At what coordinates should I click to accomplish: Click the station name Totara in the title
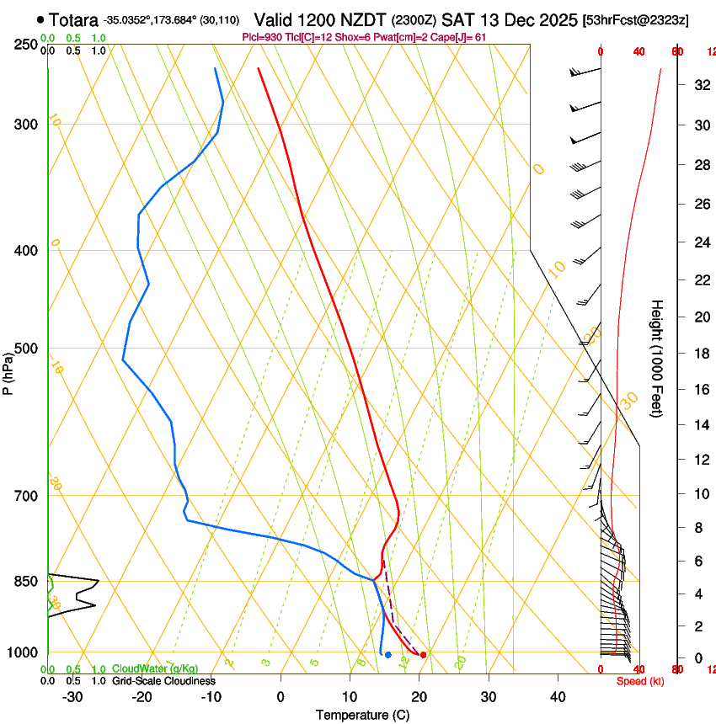pos(73,19)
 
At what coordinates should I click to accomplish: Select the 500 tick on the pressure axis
pos(24,349)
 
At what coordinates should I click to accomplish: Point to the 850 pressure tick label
pos(24,582)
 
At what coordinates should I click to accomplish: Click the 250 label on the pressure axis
pos(24,44)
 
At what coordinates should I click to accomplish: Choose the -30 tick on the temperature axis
pos(72,697)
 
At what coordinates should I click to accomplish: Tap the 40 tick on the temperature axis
pos(558,697)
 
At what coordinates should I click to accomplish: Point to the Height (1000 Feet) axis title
pos(658,358)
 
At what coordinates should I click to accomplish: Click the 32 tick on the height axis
pos(700,84)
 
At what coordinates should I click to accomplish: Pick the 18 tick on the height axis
pos(700,354)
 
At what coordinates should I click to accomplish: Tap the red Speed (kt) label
pos(637,681)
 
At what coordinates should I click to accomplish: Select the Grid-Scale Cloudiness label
pos(163,681)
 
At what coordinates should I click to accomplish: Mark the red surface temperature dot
pos(424,654)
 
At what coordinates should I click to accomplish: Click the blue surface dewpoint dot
pos(387,654)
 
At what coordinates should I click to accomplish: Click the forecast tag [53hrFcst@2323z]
pos(635,19)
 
